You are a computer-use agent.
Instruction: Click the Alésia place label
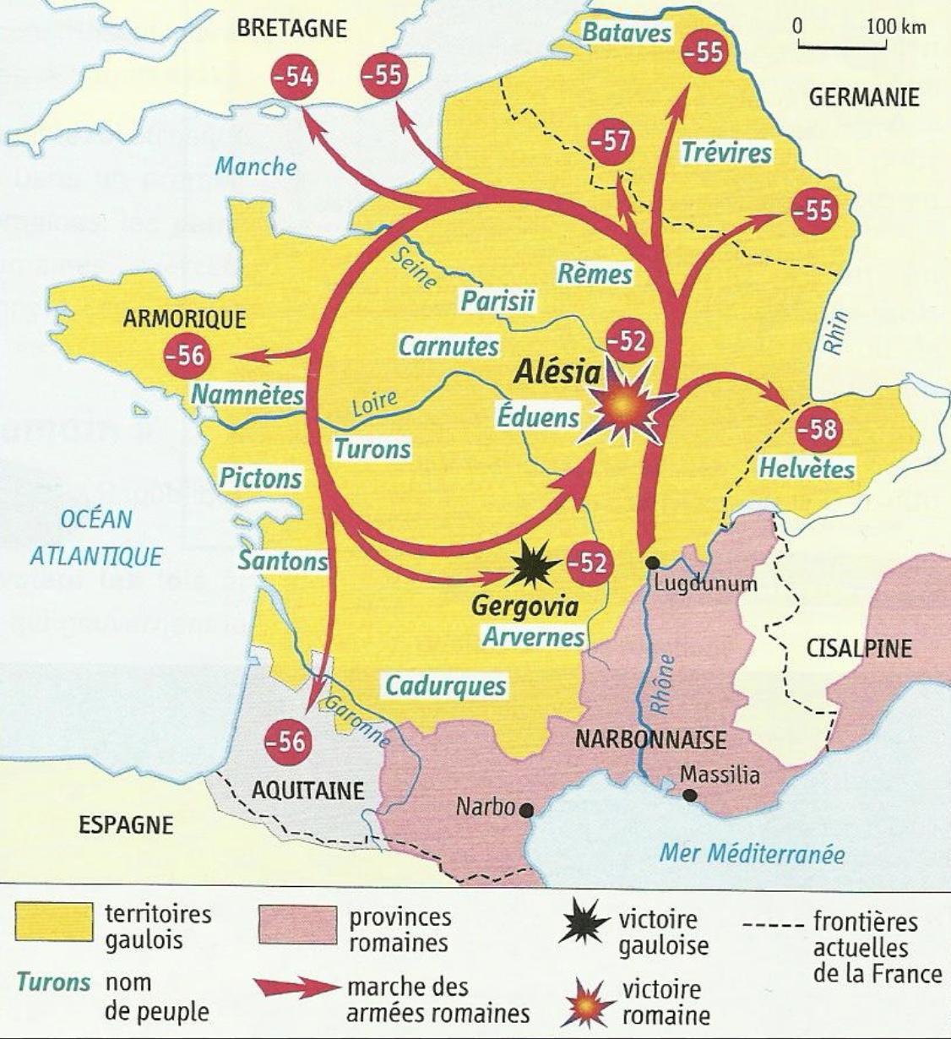point(559,373)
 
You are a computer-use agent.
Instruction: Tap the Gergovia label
point(524,607)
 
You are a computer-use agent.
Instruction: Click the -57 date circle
point(611,141)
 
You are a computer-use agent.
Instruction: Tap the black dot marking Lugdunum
point(651,563)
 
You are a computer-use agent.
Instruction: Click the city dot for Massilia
point(690,795)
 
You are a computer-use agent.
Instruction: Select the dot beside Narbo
point(527,810)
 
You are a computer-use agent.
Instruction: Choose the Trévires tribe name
point(726,153)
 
